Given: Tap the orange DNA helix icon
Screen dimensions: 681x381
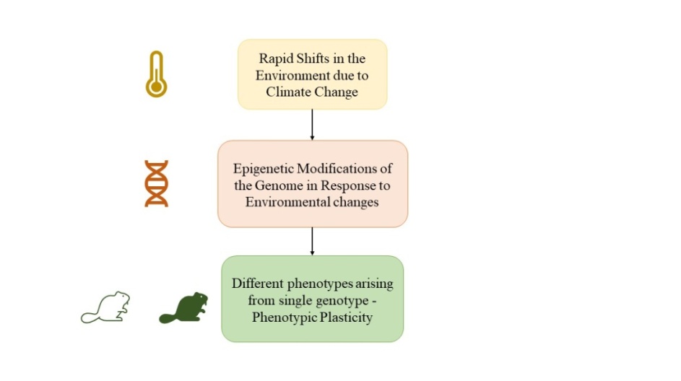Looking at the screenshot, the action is click(x=157, y=183).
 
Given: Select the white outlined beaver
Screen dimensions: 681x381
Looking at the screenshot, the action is click(x=105, y=307).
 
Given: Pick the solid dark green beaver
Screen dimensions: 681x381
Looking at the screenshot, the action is click(x=183, y=307).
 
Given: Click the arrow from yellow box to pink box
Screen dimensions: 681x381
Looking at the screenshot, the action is click(x=312, y=125).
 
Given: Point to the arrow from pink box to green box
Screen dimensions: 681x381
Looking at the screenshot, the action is click(x=312, y=241).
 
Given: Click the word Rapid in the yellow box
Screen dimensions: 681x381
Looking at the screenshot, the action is click(x=274, y=58).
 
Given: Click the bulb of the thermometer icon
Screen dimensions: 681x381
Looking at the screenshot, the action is click(x=157, y=87).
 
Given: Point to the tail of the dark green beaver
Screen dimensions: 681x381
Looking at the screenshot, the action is click(x=168, y=318).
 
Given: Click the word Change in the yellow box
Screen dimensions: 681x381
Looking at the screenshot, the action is click(x=338, y=92).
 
